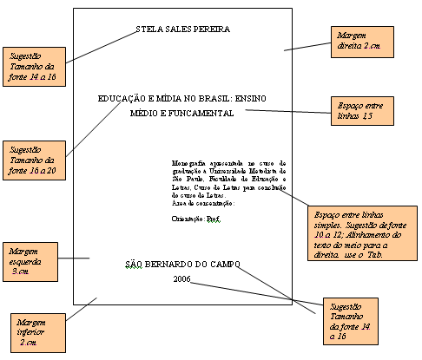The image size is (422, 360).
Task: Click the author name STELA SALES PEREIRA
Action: click(x=183, y=29)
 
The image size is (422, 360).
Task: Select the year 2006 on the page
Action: click(x=181, y=278)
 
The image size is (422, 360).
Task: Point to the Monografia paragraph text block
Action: click(x=230, y=180)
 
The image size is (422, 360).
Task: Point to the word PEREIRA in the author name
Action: click(x=211, y=29)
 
